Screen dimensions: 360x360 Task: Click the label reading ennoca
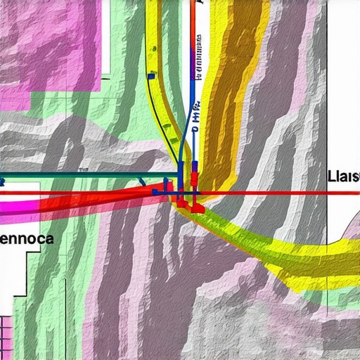pos(26,238)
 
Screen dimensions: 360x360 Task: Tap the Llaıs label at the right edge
pos(343,176)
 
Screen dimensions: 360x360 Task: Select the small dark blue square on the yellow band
pos(150,75)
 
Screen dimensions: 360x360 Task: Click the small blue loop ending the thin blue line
pos(195,130)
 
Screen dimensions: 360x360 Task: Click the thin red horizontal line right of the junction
pos(281,192)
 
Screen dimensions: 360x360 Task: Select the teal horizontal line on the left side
pos(84,174)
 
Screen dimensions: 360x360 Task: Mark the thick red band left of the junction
pos(105,198)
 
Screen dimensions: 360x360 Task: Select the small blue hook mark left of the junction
pos(143,181)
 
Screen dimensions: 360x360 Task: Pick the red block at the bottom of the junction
pos(197,208)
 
